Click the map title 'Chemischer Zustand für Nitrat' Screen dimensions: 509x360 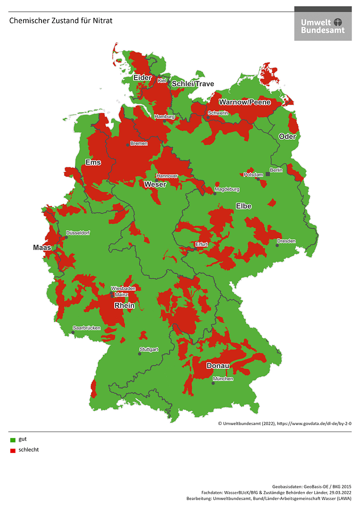pos(61,21)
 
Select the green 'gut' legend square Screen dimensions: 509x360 pos(13,440)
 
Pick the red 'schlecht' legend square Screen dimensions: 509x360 pos(13,451)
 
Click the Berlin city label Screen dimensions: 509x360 pos(276,170)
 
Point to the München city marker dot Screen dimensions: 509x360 pos(213,383)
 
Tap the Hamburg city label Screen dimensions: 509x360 pos(165,117)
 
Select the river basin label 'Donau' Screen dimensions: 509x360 pos(218,366)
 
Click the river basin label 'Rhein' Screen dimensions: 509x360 pos(125,306)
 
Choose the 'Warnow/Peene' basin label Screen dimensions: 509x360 pos(244,102)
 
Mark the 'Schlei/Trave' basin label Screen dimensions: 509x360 pos(193,84)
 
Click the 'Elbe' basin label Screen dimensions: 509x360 pos(244,206)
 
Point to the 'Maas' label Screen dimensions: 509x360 pos(42,247)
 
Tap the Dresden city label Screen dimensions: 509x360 pos(286,241)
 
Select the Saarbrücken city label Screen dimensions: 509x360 pos(86,328)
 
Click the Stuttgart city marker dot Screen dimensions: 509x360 pos(140,354)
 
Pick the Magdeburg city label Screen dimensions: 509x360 pos(227,189)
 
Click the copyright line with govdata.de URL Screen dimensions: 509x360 pos(285,424)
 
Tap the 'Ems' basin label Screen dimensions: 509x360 pos(93,162)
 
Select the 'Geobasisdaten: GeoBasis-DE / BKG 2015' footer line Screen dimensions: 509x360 pos(312,486)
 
